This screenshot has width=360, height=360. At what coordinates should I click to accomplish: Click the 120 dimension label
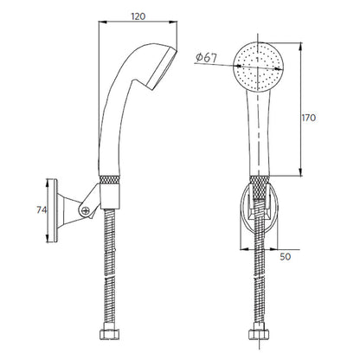(x=138, y=16)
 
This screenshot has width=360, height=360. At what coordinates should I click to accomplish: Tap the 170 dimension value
(x=309, y=118)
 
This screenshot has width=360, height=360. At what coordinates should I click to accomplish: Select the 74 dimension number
(x=42, y=210)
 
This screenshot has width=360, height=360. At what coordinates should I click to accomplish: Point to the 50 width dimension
(x=286, y=256)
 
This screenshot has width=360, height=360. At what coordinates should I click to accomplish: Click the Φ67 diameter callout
(x=206, y=58)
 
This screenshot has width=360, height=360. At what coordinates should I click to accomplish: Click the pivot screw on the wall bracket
(x=85, y=210)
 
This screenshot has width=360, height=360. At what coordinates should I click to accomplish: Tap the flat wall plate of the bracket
(x=53, y=210)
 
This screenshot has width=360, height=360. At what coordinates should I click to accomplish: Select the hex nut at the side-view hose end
(x=110, y=335)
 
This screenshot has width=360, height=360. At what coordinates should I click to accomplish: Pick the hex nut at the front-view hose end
(x=259, y=335)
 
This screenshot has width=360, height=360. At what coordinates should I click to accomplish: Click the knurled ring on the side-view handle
(x=109, y=179)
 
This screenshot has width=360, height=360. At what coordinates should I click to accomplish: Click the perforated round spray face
(x=259, y=67)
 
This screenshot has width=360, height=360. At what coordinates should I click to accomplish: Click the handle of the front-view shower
(x=259, y=132)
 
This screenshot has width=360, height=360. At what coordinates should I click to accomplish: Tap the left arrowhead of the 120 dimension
(x=102, y=22)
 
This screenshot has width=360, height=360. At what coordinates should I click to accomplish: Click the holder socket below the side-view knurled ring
(x=110, y=196)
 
